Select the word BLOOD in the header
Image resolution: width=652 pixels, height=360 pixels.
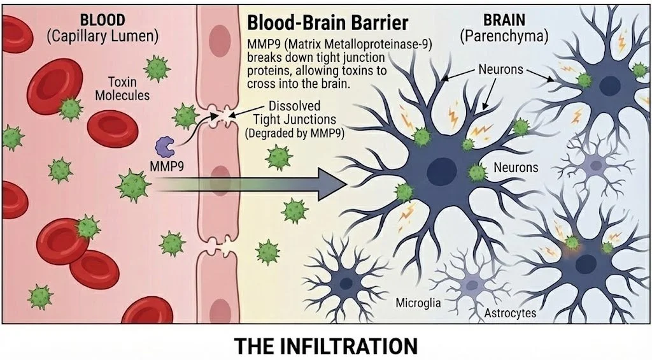pyautogui.click(x=102, y=20)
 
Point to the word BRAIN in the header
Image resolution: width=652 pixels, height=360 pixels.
pyautogui.click(x=503, y=20)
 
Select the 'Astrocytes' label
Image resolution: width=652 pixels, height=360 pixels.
pyautogui.click(x=510, y=313)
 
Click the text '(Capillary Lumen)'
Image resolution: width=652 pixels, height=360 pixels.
pyautogui.click(x=103, y=36)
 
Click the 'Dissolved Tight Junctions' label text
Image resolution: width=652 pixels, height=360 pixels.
pyautogui.click(x=285, y=113)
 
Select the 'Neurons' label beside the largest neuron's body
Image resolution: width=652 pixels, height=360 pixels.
pyautogui.click(x=516, y=168)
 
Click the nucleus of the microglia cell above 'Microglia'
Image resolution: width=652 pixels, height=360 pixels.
pyautogui.click(x=346, y=284)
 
